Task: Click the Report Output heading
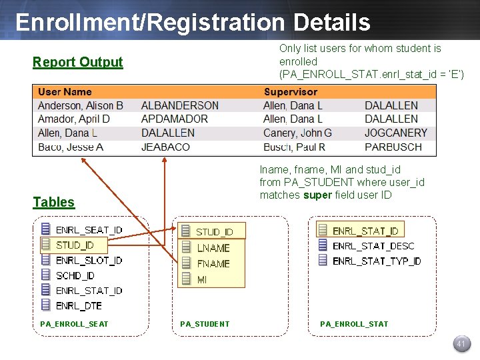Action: [x=78, y=63]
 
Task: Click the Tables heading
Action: [x=54, y=203]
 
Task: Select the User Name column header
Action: [x=65, y=92]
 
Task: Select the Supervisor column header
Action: [x=291, y=92]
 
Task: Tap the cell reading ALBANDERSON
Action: [x=180, y=105]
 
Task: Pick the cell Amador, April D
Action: [x=74, y=119]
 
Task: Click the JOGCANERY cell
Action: [x=396, y=133]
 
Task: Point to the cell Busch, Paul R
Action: [x=294, y=147]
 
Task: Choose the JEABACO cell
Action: [x=165, y=147]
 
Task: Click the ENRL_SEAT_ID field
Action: [x=89, y=230]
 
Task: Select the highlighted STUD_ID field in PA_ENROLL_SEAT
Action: [x=75, y=245]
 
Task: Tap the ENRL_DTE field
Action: [x=79, y=305]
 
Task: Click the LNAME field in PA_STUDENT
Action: [x=213, y=248]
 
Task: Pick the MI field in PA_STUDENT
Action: [x=202, y=280]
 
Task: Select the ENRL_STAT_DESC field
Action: [x=373, y=246]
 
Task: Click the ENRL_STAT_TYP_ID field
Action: [x=377, y=261]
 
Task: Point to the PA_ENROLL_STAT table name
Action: [x=354, y=324]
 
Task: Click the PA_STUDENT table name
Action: [x=205, y=324]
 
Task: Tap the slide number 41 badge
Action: [x=460, y=344]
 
